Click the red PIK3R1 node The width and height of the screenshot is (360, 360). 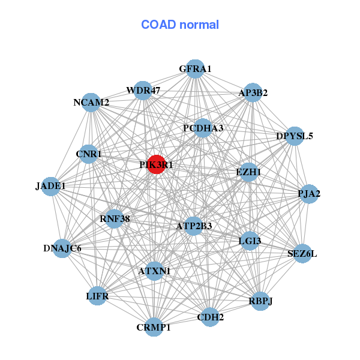tap(156, 165)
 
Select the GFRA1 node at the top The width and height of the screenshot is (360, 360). tap(194, 69)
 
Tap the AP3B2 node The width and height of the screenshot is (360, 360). tap(253, 92)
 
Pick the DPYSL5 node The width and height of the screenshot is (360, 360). tap(294, 136)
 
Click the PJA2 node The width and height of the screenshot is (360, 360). tap(308, 194)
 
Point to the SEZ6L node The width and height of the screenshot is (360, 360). tap(302, 253)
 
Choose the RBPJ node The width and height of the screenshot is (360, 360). tap(260, 301)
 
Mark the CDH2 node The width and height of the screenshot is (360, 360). tap(209, 317)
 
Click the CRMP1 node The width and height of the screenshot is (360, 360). tap(154, 327)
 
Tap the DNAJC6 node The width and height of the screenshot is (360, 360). tap(62, 248)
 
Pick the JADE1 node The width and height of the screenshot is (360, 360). tap(51, 186)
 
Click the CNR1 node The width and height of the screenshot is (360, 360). tap(89, 154)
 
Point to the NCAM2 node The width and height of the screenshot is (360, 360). tap(91, 103)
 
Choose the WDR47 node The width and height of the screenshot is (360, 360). tap(143, 91)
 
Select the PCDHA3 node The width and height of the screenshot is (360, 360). tap(203, 128)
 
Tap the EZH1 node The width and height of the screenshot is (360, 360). tap(249, 172)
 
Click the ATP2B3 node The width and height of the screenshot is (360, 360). tap(193, 226)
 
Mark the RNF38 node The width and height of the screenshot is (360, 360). tap(115, 218)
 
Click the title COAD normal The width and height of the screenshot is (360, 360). tap(180, 25)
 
